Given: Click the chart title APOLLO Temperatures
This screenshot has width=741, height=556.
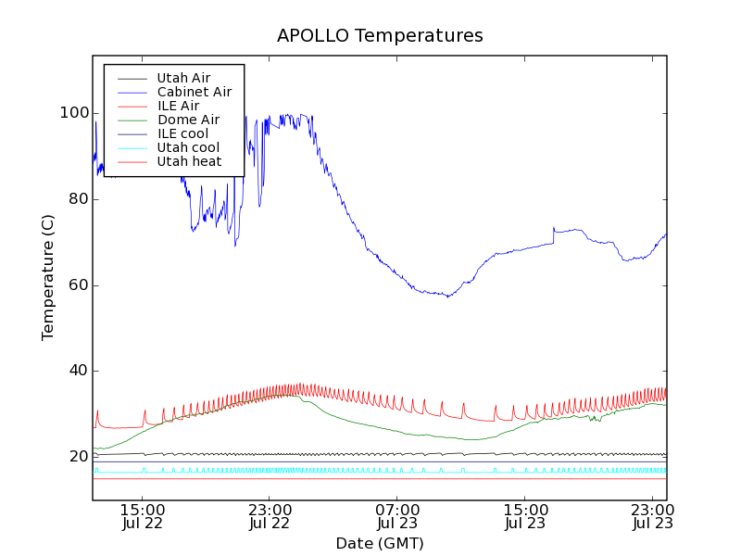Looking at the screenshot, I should point(380,36).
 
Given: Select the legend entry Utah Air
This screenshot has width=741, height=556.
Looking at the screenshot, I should point(183,78).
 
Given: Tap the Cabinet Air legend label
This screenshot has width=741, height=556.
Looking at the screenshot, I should point(195,92).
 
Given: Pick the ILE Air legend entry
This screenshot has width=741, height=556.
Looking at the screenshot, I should point(178,106).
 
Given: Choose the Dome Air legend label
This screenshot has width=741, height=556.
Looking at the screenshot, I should point(188,120).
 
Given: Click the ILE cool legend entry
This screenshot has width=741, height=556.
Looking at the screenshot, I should point(182,133).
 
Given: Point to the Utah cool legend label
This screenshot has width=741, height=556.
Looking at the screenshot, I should point(188,147).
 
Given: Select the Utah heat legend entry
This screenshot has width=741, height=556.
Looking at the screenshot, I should point(189,161).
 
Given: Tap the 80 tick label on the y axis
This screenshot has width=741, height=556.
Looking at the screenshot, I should point(79,199).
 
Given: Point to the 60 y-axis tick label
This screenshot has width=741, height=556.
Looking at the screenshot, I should point(79,284).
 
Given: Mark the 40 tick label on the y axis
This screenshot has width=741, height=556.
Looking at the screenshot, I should point(79,371).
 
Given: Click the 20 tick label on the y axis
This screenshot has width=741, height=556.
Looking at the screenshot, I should point(79,457).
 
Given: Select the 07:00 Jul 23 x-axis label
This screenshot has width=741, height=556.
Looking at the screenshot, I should point(397,516).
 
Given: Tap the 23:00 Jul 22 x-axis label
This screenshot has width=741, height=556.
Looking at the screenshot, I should point(270,516).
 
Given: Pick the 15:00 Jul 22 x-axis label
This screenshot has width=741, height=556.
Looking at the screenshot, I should point(142,516).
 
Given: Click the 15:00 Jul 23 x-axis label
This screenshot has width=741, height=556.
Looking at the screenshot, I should point(525,516).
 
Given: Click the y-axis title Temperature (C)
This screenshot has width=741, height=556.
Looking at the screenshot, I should point(48,276).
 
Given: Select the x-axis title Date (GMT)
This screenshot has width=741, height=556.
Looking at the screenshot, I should point(380,543).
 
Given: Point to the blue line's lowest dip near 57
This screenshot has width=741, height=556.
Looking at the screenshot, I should point(448,297).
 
